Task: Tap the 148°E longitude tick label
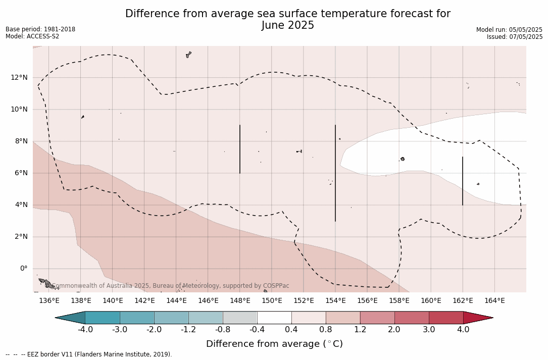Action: click(240, 300)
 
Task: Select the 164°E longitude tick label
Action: click(494, 300)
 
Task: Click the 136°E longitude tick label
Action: click(49, 300)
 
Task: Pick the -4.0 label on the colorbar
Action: click(85, 330)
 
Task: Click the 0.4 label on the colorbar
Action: click(291, 330)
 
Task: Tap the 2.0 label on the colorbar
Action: click(394, 330)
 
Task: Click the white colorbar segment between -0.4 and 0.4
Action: click(274, 318)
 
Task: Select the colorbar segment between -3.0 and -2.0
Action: click(137, 318)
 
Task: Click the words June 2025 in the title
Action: click(288, 25)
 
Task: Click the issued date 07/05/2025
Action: click(527, 37)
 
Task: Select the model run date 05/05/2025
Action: click(527, 30)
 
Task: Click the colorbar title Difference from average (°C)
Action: click(274, 344)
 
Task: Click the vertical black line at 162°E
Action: click(463, 181)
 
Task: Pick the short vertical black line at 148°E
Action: click(240, 149)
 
